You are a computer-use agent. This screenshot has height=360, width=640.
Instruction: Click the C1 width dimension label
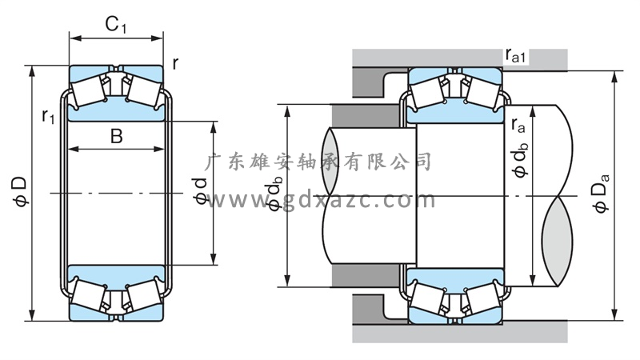click(x=117, y=26)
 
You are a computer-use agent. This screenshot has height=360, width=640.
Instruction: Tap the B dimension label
click(x=116, y=136)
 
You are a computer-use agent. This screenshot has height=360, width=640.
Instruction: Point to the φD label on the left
click(x=19, y=193)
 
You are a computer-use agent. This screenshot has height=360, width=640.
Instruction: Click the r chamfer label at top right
click(x=175, y=62)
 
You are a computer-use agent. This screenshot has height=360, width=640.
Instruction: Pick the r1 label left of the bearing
click(x=48, y=118)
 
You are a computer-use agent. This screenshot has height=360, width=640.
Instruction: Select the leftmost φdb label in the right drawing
click(x=274, y=196)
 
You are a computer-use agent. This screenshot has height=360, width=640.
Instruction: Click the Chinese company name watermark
click(x=319, y=162)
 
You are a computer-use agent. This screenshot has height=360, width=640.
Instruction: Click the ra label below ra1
click(x=518, y=124)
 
